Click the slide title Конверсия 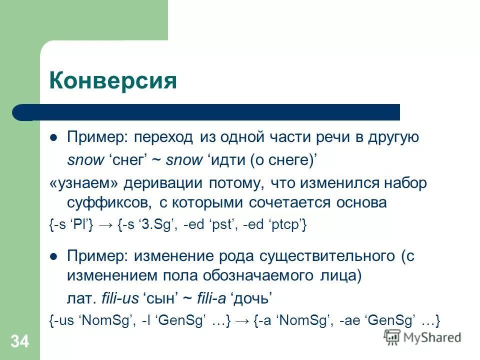(113, 80)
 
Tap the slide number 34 (20, 342)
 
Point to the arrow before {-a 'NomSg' (242, 320)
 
